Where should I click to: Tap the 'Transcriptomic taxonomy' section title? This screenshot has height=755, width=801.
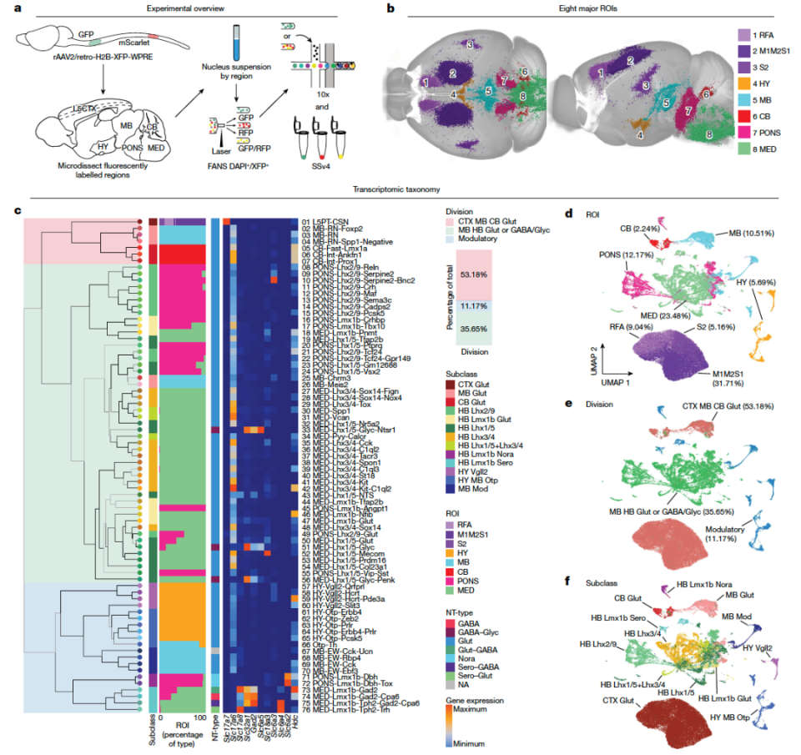tap(400, 190)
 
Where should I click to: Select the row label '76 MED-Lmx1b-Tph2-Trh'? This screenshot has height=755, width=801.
tap(347, 712)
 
